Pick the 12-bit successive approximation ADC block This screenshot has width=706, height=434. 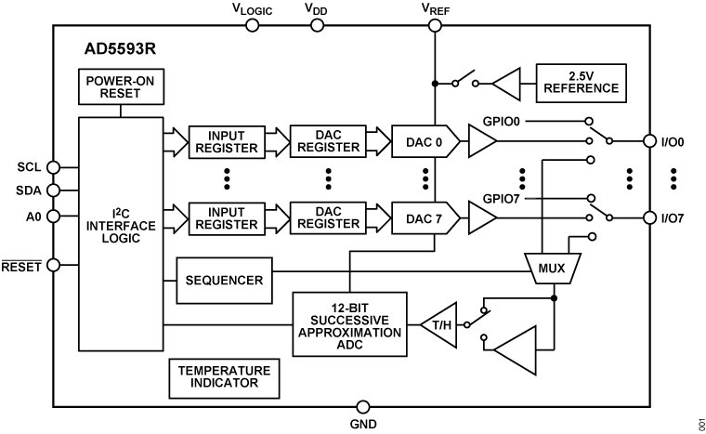tap(349, 324)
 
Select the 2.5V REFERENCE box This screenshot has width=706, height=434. tap(581, 84)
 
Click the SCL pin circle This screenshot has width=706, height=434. tap(54, 167)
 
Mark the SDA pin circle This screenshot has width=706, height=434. tap(54, 191)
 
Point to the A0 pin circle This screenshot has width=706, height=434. tap(54, 216)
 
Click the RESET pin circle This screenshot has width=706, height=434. tap(54, 265)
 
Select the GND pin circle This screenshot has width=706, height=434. tap(363, 407)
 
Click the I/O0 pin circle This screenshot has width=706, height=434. tap(650, 141)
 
